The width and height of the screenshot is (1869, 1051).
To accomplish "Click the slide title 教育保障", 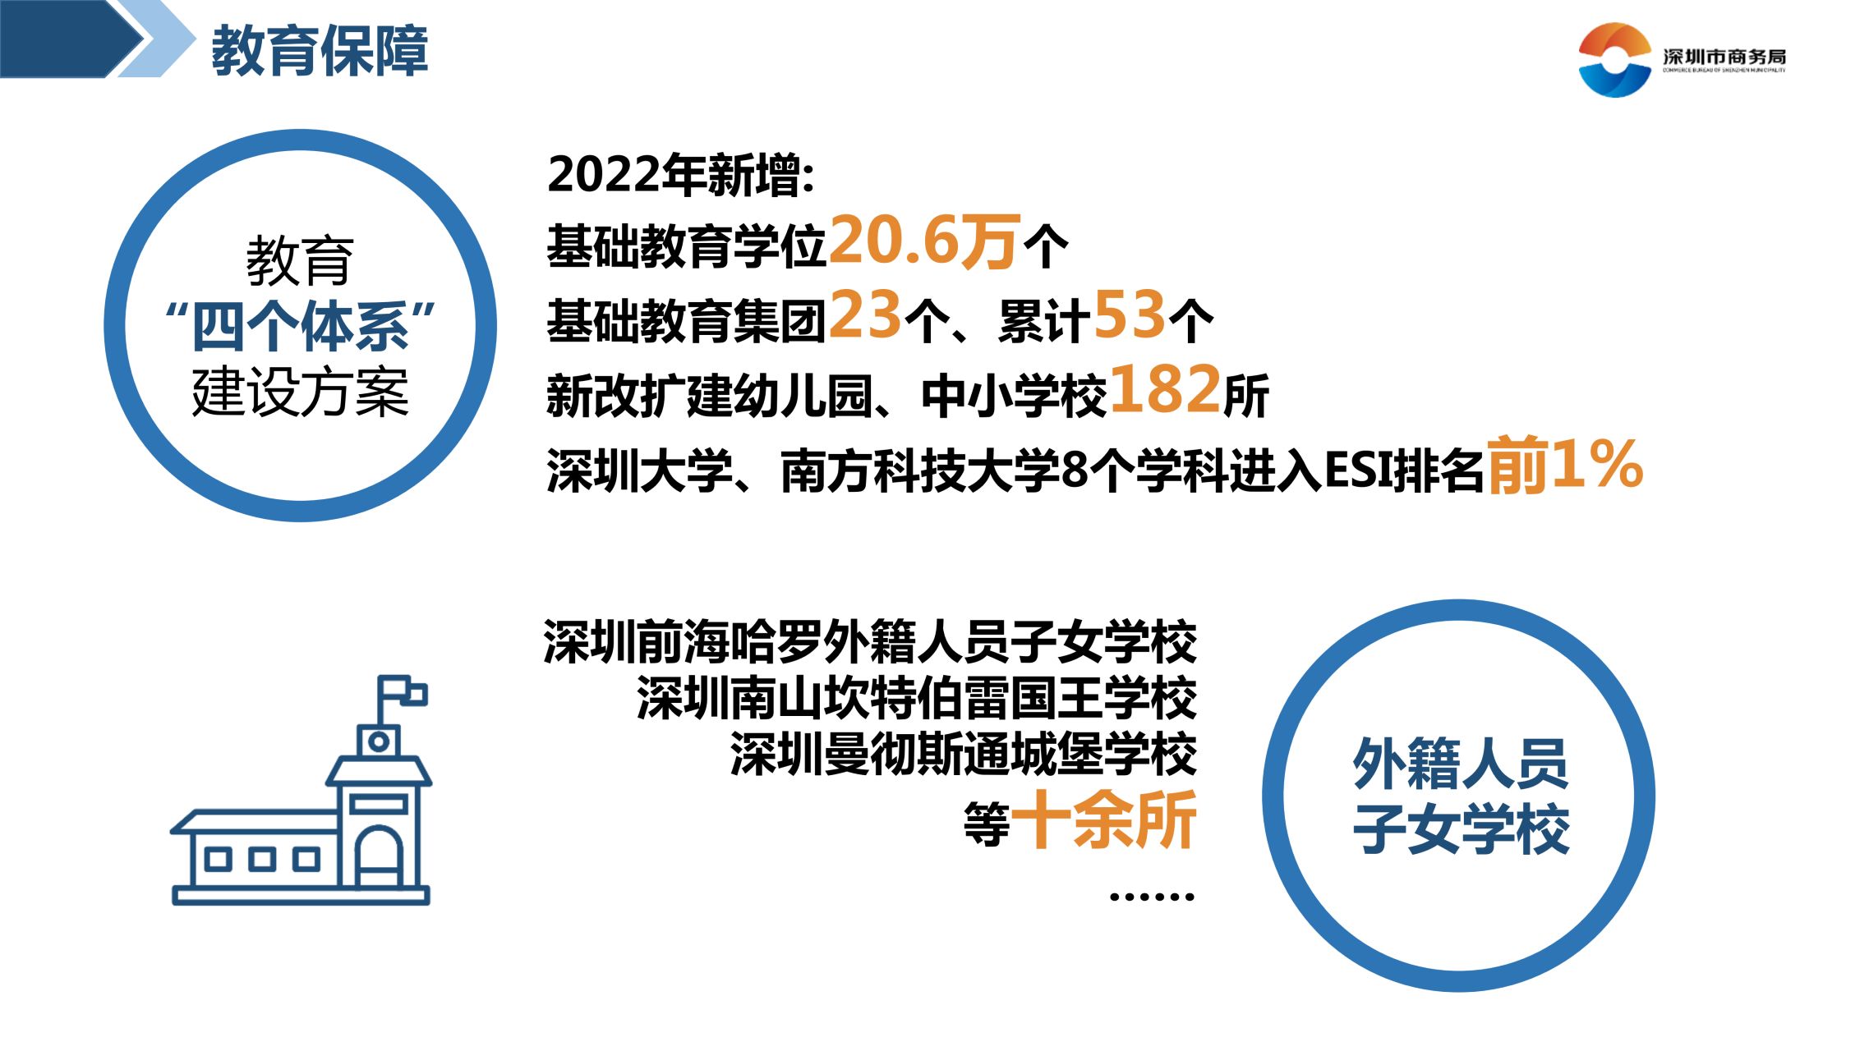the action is click(x=320, y=51).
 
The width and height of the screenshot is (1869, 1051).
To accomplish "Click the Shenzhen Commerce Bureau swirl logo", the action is click(x=1614, y=59).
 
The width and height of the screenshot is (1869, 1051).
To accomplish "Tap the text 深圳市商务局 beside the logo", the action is click(x=1724, y=57).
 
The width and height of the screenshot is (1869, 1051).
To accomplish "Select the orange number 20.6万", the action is click(x=925, y=241).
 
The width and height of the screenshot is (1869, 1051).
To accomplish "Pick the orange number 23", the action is click(x=865, y=315).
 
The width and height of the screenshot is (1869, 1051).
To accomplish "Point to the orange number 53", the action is click(x=1130, y=315).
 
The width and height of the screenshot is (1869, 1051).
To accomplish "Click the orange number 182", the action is click(x=1166, y=389).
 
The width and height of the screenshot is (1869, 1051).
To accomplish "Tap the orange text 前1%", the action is click(x=1565, y=465).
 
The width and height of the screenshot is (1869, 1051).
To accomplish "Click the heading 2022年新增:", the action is click(x=681, y=175).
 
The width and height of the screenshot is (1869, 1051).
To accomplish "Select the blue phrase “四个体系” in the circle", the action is click(x=300, y=326).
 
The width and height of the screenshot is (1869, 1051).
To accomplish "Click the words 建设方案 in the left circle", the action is click(x=300, y=392).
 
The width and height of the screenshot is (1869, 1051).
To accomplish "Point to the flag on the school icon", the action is click(x=403, y=695).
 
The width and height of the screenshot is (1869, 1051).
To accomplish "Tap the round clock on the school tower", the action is click(x=379, y=742).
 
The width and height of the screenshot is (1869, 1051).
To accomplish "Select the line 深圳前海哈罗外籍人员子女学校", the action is click(x=870, y=643).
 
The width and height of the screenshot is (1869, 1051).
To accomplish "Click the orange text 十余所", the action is click(x=1103, y=819).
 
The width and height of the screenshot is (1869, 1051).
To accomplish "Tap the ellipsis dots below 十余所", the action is click(x=1152, y=897).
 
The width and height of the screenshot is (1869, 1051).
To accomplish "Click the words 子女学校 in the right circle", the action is click(x=1461, y=829).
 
